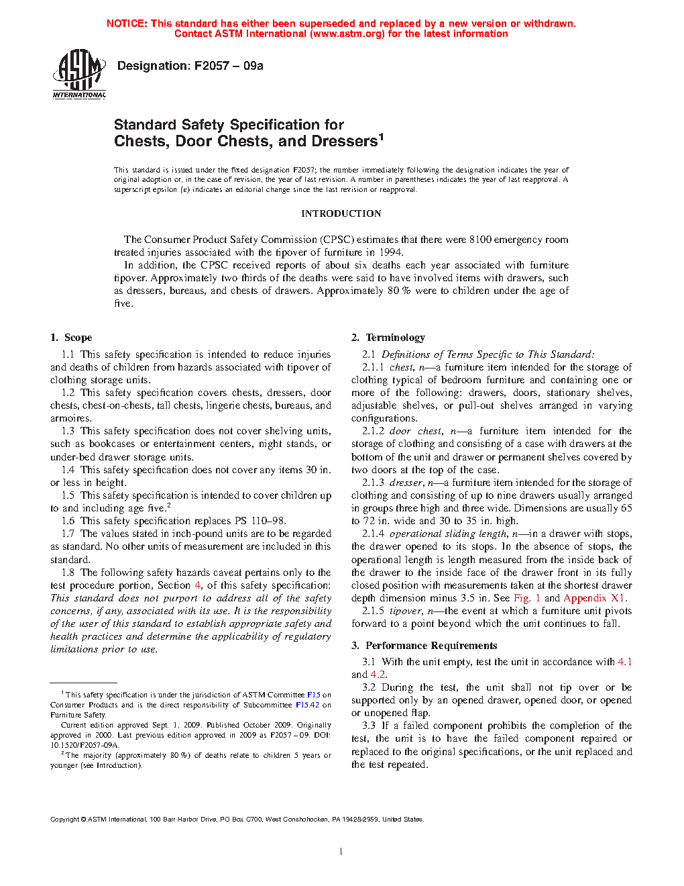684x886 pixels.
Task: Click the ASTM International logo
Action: click(79, 73)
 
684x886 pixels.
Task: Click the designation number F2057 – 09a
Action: click(228, 66)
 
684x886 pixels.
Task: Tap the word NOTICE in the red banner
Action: click(127, 23)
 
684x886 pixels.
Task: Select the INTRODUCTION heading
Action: click(341, 213)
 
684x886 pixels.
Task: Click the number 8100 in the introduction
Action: click(480, 240)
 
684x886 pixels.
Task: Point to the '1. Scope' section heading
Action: click(71, 338)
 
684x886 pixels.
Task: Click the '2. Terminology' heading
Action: click(388, 338)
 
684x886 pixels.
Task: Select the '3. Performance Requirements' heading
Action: click(424, 646)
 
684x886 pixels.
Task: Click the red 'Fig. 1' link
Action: click(526, 598)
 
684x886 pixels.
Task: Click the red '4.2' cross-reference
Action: click(378, 675)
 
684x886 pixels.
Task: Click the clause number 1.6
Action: click(68, 521)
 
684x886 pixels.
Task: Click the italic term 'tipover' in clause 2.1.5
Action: click(406, 611)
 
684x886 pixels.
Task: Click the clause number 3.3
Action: click(369, 726)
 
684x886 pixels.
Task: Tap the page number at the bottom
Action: click(341, 851)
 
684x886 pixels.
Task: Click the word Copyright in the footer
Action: click(64, 819)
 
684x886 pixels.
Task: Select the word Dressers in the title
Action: click(344, 142)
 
